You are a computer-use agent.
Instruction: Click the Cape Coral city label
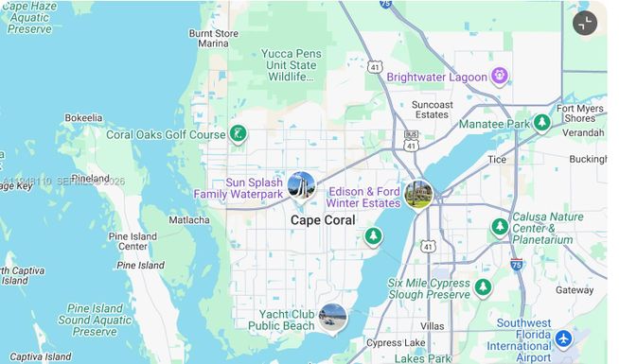pos(323,220)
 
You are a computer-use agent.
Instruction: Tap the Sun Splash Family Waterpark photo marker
pos(301,184)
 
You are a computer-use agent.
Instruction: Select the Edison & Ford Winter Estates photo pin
pos(417,195)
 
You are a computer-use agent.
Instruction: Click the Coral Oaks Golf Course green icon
pos(239,134)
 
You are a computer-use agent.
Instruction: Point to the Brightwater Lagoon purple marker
pos(500,77)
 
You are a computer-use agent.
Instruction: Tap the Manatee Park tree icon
pos(541,123)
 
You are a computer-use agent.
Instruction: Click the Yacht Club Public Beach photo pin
pos(332,317)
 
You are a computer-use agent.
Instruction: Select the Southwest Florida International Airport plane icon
pos(564,338)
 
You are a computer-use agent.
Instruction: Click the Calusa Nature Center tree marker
pos(500,228)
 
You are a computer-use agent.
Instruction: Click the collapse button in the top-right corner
pos(585,24)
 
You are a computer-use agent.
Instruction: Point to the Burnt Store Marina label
pos(213,38)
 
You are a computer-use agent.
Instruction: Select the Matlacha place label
pos(189,220)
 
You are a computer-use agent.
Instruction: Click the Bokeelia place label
pos(83,118)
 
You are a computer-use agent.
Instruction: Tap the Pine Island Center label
pos(133,242)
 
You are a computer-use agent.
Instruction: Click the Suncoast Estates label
pos(432,110)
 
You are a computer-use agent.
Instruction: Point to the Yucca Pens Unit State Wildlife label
pos(289,65)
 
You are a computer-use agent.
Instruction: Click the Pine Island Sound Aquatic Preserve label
pos(95,320)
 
